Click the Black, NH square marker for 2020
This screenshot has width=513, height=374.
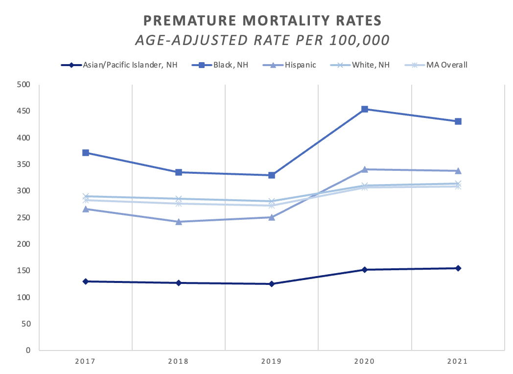coord(365,109)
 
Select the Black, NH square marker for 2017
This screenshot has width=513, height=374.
coord(86,153)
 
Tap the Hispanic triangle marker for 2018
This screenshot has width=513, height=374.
coord(179,221)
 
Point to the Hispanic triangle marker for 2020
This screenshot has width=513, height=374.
coord(365,169)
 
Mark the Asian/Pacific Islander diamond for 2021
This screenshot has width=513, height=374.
coord(458,268)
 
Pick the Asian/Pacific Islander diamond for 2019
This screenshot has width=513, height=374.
coord(272,284)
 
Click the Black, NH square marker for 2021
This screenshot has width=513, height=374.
coord(458,121)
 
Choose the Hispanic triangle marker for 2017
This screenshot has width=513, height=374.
coord(86,209)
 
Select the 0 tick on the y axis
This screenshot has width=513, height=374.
coord(28,351)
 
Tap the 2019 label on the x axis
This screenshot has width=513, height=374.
coord(272,362)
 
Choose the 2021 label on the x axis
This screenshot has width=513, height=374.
coord(458,362)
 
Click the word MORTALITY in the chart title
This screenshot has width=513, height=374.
coord(264,22)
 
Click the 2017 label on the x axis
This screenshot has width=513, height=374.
coord(86,362)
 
